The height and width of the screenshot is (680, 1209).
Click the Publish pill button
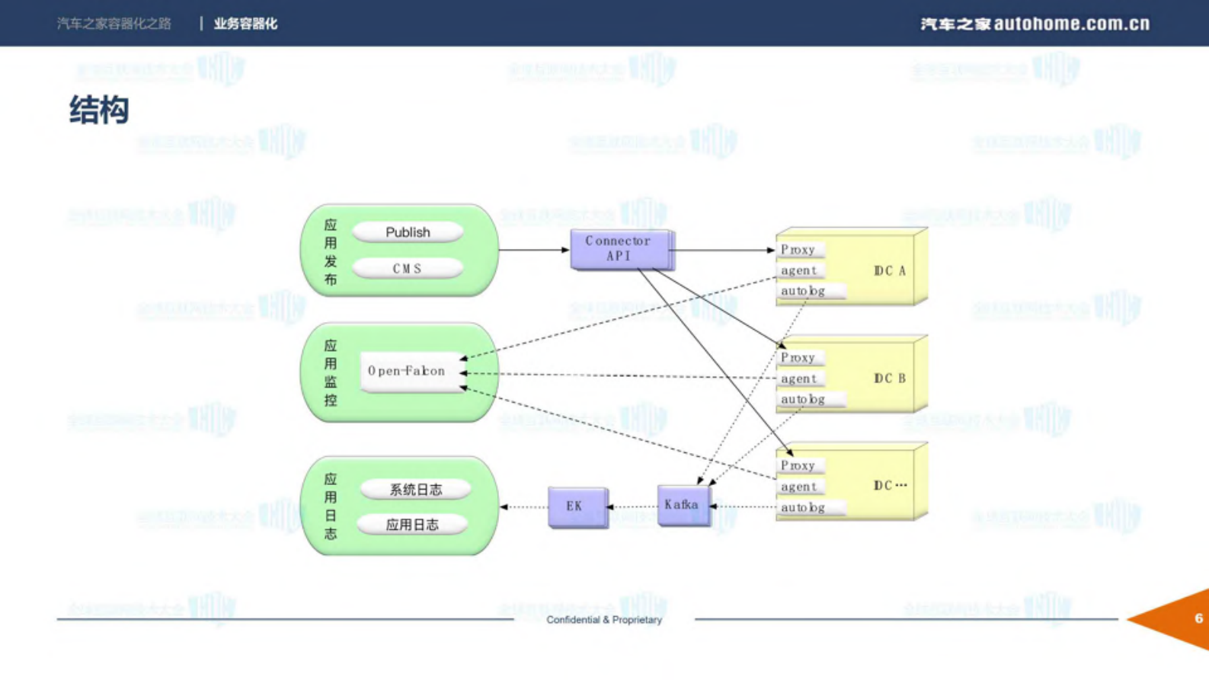point(408,232)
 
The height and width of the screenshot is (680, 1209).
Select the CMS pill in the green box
point(408,269)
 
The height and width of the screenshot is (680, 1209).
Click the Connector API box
point(619,248)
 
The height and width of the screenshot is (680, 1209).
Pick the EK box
point(576,506)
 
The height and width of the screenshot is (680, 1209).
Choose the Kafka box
point(682,505)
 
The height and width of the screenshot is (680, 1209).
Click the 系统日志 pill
point(415,490)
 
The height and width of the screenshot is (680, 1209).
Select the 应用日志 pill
point(412,525)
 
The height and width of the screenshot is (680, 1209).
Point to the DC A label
point(889,271)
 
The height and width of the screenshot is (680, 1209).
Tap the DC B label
point(889,378)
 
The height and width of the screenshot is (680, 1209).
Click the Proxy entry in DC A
point(798,250)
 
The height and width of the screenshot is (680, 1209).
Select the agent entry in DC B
point(798,378)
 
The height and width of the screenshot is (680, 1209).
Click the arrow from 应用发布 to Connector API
point(533,250)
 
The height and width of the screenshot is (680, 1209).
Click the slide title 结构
point(99,110)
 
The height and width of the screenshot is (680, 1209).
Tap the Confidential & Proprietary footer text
point(603,620)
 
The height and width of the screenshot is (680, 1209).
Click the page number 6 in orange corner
point(1198,618)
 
